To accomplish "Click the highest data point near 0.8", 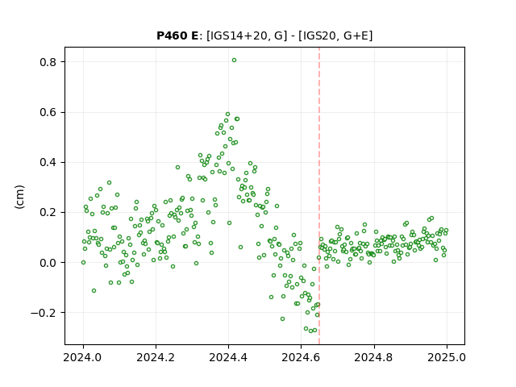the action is click(234, 60).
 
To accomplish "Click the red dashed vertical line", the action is click(319, 196).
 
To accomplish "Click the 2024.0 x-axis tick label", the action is click(83, 357).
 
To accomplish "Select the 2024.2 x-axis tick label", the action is click(156, 357).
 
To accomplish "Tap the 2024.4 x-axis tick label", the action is click(228, 357).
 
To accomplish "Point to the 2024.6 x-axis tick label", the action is click(301, 357).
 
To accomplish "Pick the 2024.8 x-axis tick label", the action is click(374, 357).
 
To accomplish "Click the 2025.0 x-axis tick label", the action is click(447, 357).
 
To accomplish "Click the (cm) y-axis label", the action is click(19, 197).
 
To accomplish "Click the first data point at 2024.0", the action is click(83, 263).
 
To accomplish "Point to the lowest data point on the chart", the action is click(310, 331).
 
